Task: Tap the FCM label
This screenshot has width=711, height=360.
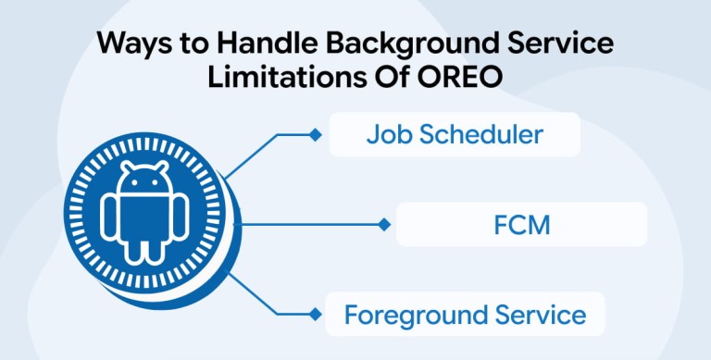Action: pyautogui.click(x=521, y=225)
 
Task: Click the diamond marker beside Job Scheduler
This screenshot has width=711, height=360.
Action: pyautogui.click(x=315, y=135)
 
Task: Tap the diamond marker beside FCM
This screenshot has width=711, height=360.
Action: pyautogui.click(x=384, y=225)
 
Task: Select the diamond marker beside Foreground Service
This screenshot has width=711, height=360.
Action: pyautogui.click(x=315, y=314)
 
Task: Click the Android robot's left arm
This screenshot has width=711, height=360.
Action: pyautogui.click(x=108, y=217)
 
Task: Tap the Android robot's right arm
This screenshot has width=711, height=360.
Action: pyautogui.click(x=179, y=217)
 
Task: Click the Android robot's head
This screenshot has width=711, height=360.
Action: pyautogui.click(x=143, y=180)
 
